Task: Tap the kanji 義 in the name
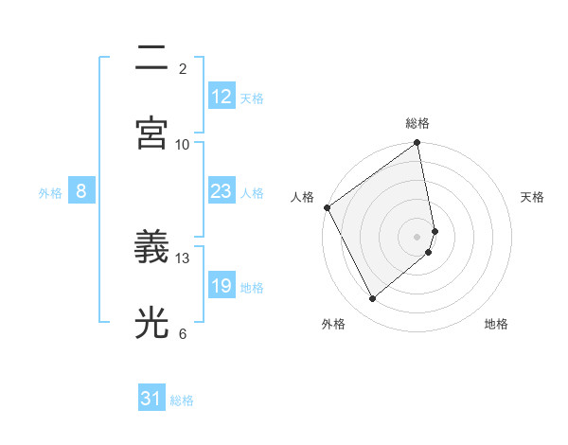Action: pyautogui.click(x=151, y=247)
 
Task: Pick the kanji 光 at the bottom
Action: pyautogui.click(x=151, y=323)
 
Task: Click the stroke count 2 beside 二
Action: pyautogui.click(x=183, y=69)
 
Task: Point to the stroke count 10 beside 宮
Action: pyautogui.click(x=183, y=144)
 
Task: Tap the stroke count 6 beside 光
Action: pyautogui.click(x=183, y=333)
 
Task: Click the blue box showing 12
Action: pyautogui.click(x=222, y=97)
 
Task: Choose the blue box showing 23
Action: pyautogui.click(x=222, y=192)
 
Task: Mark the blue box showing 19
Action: pyautogui.click(x=222, y=286)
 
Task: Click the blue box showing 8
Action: pyautogui.click(x=81, y=192)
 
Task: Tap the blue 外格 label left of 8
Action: pyautogui.click(x=50, y=193)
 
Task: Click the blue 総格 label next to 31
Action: pyautogui.click(x=182, y=400)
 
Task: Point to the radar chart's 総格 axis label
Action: pyautogui.click(x=417, y=123)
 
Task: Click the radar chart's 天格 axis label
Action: pyautogui.click(x=533, y=197)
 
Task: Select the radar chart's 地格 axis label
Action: pyautogui.click(x=496, y=325)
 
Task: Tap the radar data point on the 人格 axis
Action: pyautogui.click(x=327, y=207)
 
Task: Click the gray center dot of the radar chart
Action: pyautogui.click(x=417, y=236)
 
